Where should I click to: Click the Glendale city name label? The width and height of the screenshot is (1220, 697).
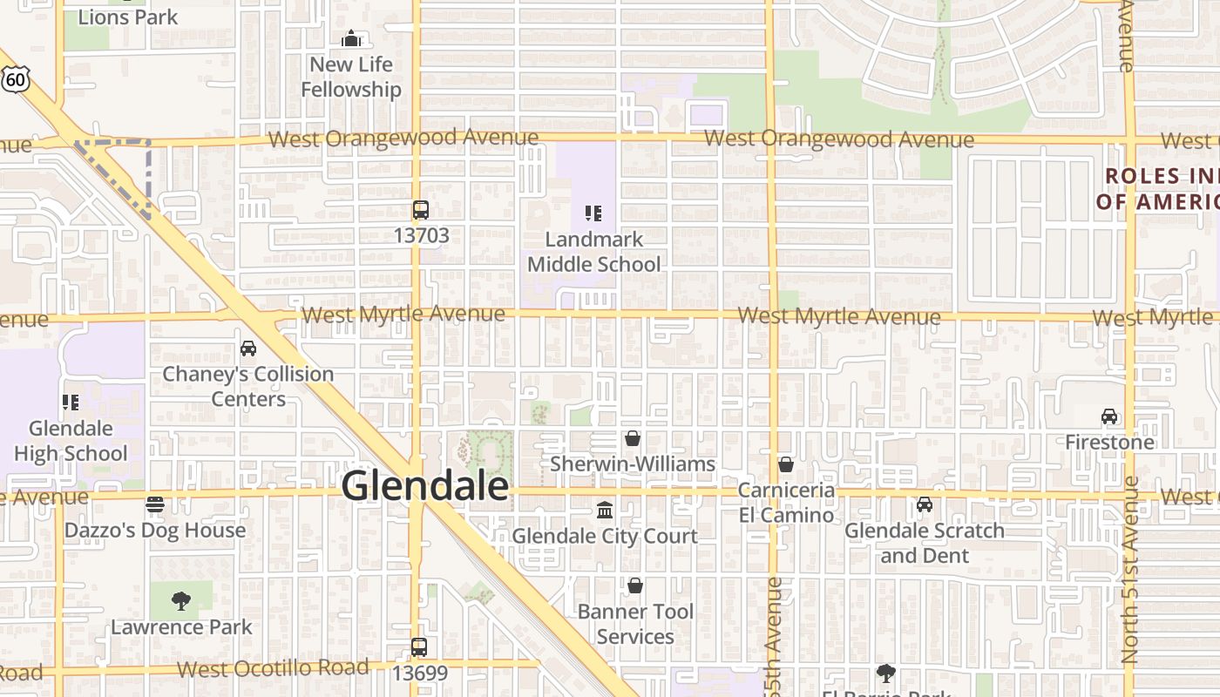tap(424, 485)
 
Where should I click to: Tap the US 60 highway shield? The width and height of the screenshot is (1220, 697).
tap(15, 79)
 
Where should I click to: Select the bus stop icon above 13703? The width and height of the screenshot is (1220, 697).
tap(421, 210)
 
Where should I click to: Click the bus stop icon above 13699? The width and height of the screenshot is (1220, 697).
tap(419, 647)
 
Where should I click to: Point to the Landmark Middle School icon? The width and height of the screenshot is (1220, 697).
tap(593, 213)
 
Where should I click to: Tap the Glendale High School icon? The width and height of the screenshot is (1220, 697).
tap(71, 403)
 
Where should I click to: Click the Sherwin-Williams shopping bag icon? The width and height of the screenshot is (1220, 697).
tap(633, 438)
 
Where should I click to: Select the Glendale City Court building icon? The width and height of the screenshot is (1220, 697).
tap(605, 510)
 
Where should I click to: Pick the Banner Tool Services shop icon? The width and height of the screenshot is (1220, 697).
tap(635, 585)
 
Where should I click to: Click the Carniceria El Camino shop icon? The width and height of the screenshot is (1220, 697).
tap(786, 464)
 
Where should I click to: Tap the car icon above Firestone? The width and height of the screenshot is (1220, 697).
tap(1109, 416)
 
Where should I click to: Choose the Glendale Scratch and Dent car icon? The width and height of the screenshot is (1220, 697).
tap(925, 504)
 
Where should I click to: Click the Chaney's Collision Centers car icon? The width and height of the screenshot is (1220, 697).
tap(248, 348)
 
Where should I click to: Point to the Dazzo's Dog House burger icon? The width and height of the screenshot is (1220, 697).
tap(155, 504)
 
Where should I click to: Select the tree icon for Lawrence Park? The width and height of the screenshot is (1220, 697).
tap(181, 600)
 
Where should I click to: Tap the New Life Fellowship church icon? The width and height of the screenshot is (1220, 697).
tap(351, 38)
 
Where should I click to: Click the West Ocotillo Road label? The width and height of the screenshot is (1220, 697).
tap(273, 669)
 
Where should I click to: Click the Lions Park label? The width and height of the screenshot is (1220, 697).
tap(127, 17)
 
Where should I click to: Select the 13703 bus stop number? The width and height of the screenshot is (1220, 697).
tap(421, 235)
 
